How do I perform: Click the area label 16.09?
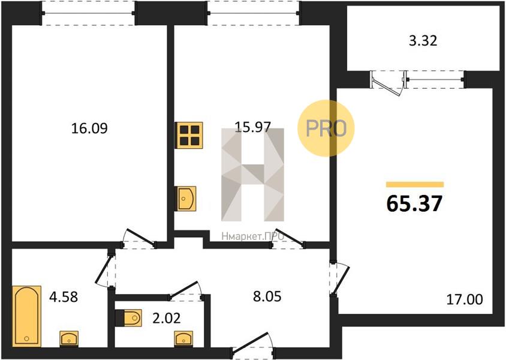(89, 128)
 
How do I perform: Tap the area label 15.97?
(252, 127)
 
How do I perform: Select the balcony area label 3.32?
(423, 41)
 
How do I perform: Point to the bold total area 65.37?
(414, 203)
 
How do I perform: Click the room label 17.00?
(465, 299)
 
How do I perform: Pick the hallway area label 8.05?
(267, 296)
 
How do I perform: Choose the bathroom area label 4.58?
(64, 297)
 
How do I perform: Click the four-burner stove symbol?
(189, 135)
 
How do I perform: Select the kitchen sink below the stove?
(185, 199)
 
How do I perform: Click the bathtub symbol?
(27, 316)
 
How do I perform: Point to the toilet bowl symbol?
(128, 318)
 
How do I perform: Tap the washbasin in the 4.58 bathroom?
(69, 339)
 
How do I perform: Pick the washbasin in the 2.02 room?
(183, 339)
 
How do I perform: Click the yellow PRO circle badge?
(326, 128)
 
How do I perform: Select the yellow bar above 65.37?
(415, 185)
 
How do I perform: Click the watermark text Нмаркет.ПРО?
(252, 236)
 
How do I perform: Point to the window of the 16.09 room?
(88, 13)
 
